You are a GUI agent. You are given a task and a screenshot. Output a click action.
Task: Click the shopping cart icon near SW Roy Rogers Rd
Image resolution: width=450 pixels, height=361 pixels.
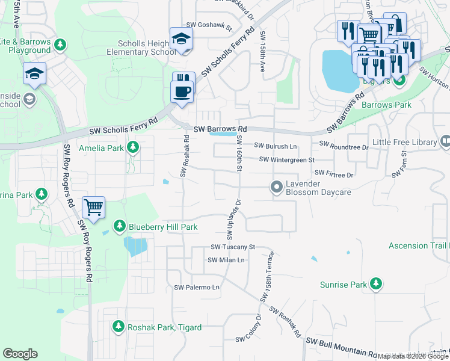pyautogui.click(x=93, y=207)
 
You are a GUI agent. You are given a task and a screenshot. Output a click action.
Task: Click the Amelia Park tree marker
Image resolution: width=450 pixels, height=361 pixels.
pyautogui.click(x=133, y=147)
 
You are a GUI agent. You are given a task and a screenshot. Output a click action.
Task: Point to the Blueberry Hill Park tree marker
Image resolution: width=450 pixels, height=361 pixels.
pyautogui.click(x=120, y=226)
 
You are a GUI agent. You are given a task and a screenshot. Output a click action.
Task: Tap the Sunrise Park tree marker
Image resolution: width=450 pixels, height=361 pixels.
pyautogui.click(x=376, y=283)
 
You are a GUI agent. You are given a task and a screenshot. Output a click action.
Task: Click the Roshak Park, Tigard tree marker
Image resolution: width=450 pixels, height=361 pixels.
pyautogui.click(x=119, y=327)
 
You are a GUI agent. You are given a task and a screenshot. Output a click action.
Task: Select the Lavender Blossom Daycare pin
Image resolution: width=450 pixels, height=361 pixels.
pyautogui.click(x=277, y=188)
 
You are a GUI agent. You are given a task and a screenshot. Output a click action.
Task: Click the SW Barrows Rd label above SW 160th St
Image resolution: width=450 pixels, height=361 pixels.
pyautogui.click(x=220, y=129)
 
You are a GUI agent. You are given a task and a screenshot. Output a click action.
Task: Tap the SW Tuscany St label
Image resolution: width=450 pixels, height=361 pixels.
pyautogui.click(x=233, y=247)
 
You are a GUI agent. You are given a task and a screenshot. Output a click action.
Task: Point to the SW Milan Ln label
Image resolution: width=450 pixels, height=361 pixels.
pyautogui.click(x=226, y=260)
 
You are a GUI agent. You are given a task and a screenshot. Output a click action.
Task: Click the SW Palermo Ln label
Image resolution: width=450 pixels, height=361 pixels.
pyautogui.click(x=196, y=288)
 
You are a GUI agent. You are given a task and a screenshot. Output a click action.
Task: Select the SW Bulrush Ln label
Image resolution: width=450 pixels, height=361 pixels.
pyautogui.click(x=276, y=146)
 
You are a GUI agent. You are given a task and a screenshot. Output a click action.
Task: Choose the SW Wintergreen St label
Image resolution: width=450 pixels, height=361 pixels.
pyautogui.click(x=287, y=159)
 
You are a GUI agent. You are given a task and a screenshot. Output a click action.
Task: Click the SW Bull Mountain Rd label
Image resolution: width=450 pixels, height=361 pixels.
pyautogui.click(x=341, y=347)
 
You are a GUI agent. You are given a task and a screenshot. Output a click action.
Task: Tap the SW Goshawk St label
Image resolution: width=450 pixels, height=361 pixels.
pyautogui.click(x=209, y=25)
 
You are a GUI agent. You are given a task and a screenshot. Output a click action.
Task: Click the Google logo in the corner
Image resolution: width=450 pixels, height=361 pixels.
pyautogui.click(x=20, y=354)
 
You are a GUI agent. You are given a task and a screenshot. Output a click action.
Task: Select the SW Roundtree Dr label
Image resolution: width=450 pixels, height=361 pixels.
pyautogui.click(x=344, y=145)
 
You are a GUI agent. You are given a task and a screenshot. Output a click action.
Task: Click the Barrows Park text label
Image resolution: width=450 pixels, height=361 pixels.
pyautogui.click(x=386, y=105)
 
